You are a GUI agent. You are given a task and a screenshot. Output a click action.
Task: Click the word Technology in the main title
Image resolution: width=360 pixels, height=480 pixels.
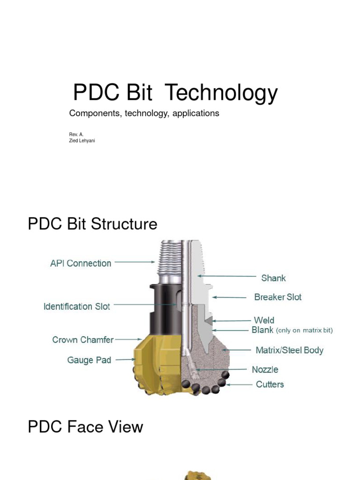222,93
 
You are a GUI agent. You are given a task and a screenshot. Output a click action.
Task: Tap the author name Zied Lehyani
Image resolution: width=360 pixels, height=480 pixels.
82,141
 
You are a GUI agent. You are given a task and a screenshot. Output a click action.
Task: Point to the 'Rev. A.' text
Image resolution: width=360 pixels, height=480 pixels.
76,134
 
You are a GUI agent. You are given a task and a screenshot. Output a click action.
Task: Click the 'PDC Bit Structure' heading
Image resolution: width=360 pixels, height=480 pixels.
92,224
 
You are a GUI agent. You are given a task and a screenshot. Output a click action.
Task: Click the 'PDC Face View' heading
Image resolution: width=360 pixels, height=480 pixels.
85,427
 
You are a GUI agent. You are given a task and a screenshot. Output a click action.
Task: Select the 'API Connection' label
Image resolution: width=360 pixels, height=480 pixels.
81,263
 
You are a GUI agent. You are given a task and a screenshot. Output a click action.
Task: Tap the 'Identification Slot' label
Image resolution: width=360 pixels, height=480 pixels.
76,307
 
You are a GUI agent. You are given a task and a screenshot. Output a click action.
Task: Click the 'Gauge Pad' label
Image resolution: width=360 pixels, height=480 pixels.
89,360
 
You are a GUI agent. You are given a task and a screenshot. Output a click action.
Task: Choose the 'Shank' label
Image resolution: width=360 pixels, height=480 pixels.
273,278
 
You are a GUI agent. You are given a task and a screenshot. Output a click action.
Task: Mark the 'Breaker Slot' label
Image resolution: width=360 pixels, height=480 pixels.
277,297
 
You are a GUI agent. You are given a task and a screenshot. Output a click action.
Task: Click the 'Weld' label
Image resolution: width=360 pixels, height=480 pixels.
264,321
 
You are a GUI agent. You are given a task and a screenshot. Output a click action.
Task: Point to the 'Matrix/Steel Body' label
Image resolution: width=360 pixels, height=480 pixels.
289,350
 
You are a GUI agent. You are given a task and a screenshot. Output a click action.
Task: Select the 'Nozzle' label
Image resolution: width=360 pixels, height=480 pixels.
265,369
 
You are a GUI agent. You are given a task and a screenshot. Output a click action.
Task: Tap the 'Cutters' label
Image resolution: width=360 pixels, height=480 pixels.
270,384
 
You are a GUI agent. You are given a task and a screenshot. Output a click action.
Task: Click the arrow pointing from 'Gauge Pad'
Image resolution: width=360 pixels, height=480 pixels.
125,360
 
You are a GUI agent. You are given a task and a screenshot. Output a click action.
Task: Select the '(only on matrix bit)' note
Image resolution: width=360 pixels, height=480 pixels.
304,330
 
